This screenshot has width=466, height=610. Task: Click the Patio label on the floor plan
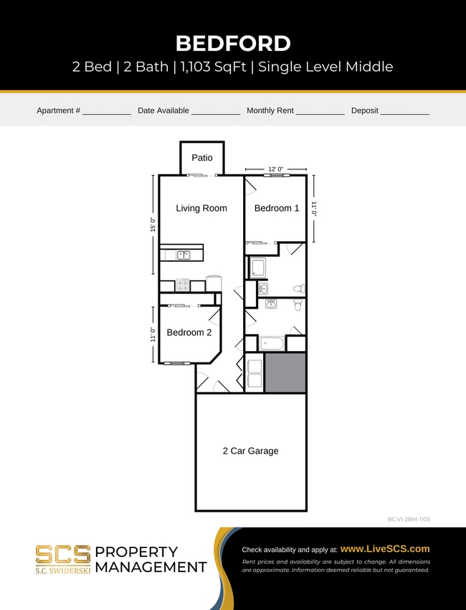(201, 158)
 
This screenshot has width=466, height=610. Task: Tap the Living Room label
(201, 208)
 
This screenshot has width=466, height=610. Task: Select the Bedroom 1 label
(277, 208)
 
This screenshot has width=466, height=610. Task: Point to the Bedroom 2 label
(189, 332)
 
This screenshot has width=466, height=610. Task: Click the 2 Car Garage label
(250, 451)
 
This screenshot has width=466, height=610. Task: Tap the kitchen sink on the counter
(184, 254)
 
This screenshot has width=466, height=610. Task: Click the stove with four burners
(183, 285)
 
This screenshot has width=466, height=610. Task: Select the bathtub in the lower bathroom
(272, 343)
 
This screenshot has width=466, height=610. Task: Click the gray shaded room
(285, 372)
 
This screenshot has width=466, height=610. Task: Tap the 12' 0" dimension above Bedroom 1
(275, 169)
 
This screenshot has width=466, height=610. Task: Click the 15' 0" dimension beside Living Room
(153, 225)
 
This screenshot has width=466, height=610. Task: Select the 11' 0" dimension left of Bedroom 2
(153, 334)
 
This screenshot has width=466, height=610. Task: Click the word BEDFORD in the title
(233, 43)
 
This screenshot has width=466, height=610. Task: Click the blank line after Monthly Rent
(320, 112)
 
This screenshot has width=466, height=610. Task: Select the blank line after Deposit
(404, 112)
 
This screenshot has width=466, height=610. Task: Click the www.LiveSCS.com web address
(385, 548)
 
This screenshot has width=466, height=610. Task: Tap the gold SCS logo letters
(63, 553)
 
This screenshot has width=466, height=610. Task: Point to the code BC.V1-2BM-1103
(407, 518)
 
